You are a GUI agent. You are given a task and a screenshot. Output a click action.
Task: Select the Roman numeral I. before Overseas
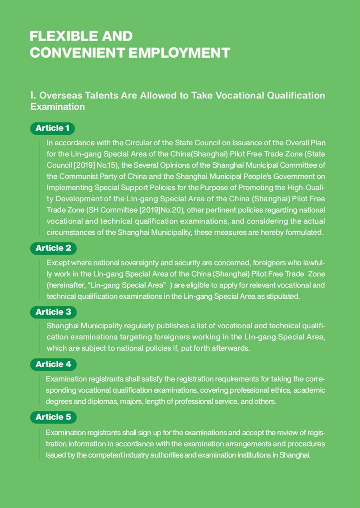(x=34, y=96)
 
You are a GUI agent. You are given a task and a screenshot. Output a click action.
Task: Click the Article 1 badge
(x=52, y=128)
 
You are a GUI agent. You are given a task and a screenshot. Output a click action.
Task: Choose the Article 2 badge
(x=53, y=248)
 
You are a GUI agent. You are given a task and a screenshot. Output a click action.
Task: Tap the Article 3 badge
(x=53, y=312)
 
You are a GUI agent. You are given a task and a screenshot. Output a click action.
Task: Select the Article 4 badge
(x=53, y=364)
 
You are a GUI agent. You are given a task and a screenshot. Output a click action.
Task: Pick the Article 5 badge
(x=53, y=417)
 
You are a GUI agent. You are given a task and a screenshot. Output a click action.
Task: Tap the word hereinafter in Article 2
(x=66, y=285)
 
